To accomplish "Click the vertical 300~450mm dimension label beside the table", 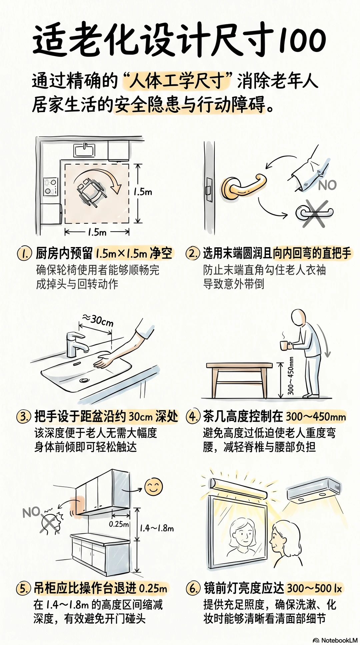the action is [x=291, y=376].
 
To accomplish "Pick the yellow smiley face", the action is [x=154, y=486].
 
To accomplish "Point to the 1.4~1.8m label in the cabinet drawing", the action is [x=157, y=528].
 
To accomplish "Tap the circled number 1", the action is [x=24, y=253].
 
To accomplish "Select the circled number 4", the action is [x=193, y=416].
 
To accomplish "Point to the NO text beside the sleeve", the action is [x=327, y=185].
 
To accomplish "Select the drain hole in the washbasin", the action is [x=84, y=380].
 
